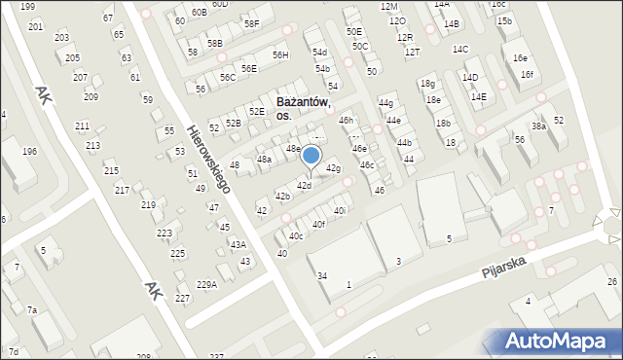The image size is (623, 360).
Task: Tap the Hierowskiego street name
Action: (x=210, y=157)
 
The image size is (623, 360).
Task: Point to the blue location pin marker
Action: (x=311, y=157)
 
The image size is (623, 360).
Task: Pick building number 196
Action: (x=30, y=151)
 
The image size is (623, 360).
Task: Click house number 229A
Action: (x=206, y=284)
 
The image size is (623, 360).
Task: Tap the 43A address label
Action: (x=238, y=244)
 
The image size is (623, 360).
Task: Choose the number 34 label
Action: (x=321, y=276)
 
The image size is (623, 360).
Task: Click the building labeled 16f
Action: (x=527, y=74)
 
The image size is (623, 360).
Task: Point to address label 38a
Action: (x=538, y=126)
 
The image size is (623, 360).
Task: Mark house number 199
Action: (x=27, y=7)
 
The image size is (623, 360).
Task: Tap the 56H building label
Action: (x=280, y=55)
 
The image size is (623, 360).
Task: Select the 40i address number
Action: (x=340, y=210)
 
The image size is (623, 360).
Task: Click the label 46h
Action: (x=345, y=120)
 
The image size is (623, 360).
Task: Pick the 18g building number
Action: (x=427, y=84)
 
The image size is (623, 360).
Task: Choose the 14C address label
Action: (x=460, y=49)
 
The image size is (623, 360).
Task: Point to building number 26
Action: (x=612, y=282)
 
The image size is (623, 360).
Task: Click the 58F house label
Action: (x=252, y=23)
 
